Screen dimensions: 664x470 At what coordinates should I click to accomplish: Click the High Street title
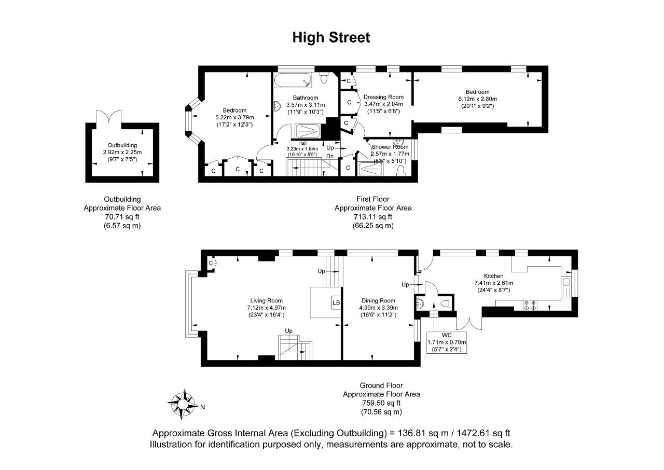[331, 38]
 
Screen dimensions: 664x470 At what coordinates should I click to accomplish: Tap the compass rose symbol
[183, 404]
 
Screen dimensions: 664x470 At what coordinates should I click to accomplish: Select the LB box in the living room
[336, 302]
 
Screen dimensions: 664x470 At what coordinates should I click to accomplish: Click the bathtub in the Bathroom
[293, 80]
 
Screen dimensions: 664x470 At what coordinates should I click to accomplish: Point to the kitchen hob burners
[530, 305]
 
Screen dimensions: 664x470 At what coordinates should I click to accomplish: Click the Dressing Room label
[383, 97]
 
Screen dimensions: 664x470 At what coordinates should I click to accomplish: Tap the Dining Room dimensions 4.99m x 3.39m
[379, 308]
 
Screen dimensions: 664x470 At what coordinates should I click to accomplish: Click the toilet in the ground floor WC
[446, 303]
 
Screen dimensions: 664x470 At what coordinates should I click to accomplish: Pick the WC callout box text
[447, 342]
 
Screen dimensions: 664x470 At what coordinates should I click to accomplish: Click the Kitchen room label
[493, 276]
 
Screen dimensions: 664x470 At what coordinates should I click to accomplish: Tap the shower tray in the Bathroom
[308, 131]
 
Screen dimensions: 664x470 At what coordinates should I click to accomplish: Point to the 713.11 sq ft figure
[373, 217]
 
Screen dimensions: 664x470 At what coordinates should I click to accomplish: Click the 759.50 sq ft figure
[381, 403]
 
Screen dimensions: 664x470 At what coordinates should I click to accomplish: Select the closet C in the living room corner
[211, 263]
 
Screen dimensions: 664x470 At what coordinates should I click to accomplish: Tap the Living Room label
[266, 300]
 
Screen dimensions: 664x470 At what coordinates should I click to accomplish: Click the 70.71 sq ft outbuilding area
[122, 217]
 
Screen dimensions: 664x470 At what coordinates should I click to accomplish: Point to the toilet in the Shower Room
[401, 171]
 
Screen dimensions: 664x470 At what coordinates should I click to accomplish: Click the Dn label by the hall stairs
[330, 156]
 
